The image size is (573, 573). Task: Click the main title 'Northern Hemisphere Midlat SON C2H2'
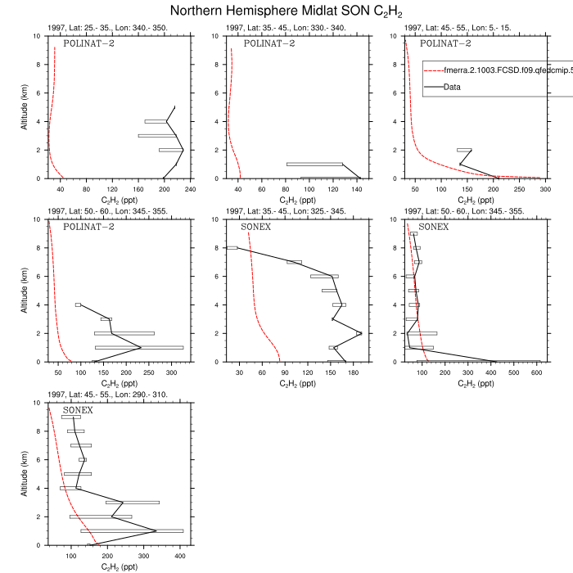tap(286, 11)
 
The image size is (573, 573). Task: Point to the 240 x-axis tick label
tap(190, 189)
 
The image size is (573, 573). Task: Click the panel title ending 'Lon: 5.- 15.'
tap(445, 28)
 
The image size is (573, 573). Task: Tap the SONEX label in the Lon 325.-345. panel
tap(256, 227)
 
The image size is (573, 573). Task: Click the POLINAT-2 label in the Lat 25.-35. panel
tap(89, 43)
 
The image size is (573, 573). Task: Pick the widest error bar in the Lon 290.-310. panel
tap(132, 530)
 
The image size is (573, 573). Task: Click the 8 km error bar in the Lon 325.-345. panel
tap(232, 248)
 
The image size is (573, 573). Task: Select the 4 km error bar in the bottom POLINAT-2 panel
tap(79, 305)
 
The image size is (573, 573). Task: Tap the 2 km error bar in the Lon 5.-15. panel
tap(464, 150)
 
